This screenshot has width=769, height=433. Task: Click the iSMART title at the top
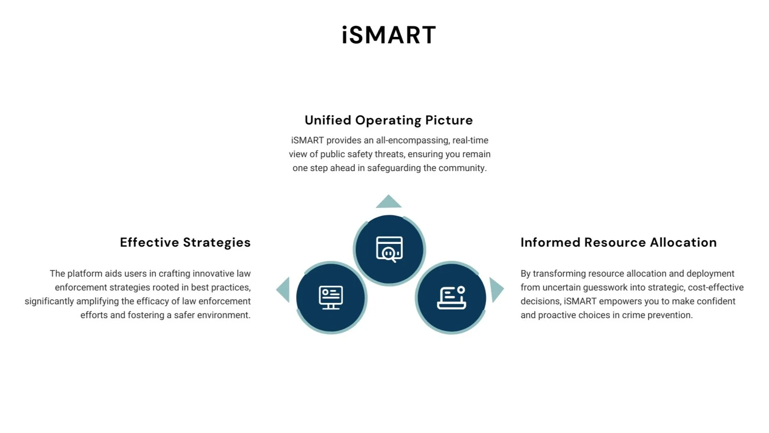click(x=389, y=35)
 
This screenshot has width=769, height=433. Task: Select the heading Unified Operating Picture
click(x=389, y=120)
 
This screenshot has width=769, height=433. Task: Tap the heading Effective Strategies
click(x=186, y=243)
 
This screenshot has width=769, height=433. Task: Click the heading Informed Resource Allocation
click(x=618, y=243)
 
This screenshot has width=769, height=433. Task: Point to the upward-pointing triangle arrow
click(x=389, y=202)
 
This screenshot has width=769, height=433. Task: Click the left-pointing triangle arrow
click(x=284, y=290)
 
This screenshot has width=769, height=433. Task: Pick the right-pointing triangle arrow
click(x=496, y=290)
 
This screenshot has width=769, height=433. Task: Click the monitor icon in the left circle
click(x=331, y=297)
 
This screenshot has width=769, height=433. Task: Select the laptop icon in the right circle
click(x=451, y=297)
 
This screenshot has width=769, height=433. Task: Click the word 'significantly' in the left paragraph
click(x=49, y=302)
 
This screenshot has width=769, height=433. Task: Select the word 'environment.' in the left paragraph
click(x=223, y=315)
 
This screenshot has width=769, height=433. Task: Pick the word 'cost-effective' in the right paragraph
click(x=716, y=288)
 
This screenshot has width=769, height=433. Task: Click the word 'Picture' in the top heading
click(x=449, y=120)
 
